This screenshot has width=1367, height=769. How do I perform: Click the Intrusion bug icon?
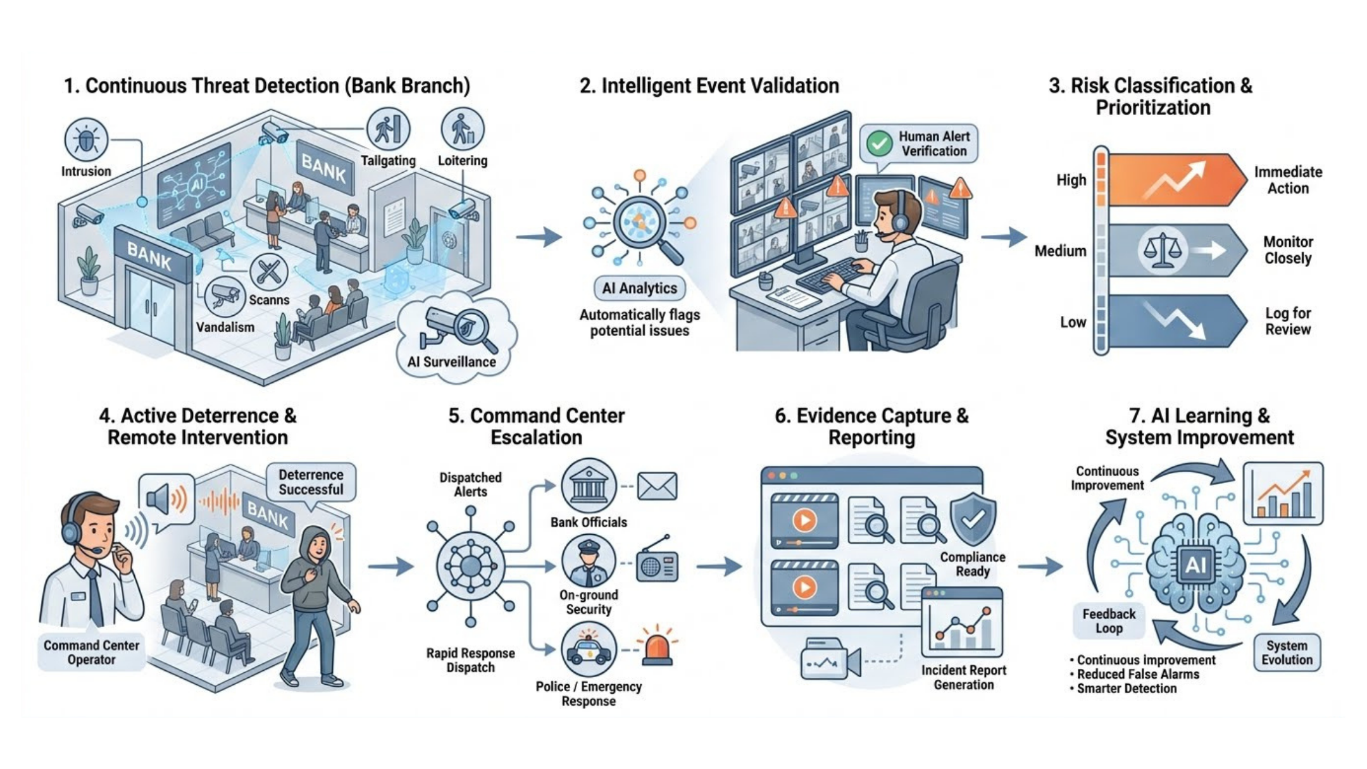pyautogui.click(x=86, y=139)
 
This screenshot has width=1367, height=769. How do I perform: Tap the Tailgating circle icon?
pyautogui.click(x=388, y=128)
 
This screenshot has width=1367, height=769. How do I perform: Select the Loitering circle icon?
pyautogui.click(x=463, y=128)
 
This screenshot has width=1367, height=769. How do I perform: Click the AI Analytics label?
pyautogui.click(x=639, y=289)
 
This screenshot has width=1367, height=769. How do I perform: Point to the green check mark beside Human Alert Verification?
pyautogui.click(x=879, y=144)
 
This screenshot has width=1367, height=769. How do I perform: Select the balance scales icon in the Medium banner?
pyautogui.click(x=1162, y=250)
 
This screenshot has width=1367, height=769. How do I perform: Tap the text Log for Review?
pyautogui.click(x=1288, y=321)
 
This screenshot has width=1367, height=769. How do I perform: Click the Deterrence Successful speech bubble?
pyautogui.click(x=311, y=482)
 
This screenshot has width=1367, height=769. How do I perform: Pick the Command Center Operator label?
pyautogui.click(x=91, y=652)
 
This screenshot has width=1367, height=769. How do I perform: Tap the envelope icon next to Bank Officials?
pyautogui.click(x=657, y=486)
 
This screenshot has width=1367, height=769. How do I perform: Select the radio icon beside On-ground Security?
pyautogui.click(x=656, y=562)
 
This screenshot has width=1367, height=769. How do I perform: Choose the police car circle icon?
pyautogui.click(x=589, y=650)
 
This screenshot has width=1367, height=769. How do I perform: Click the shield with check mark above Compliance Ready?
pyautogui.click(x=973, y=519)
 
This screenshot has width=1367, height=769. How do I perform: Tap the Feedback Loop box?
pyautogui.click(x=1109, y=621)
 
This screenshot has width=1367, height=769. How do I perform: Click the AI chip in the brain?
pyautogui.click(x=1195, y=564)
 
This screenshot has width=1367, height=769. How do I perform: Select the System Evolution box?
pyautogui.click(x=1287, y=652)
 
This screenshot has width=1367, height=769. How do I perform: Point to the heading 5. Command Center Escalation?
pyautogui.click(x=537, y=426)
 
